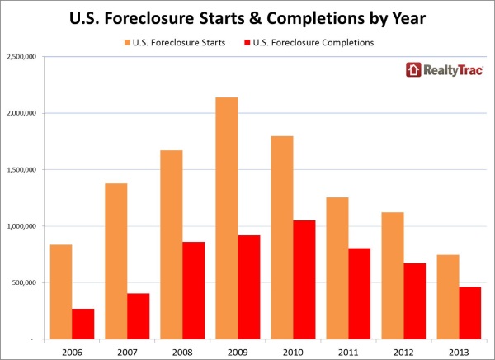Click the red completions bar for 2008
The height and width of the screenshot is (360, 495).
pos(193,290)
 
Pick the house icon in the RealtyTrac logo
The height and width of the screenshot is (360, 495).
pos(412,70)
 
